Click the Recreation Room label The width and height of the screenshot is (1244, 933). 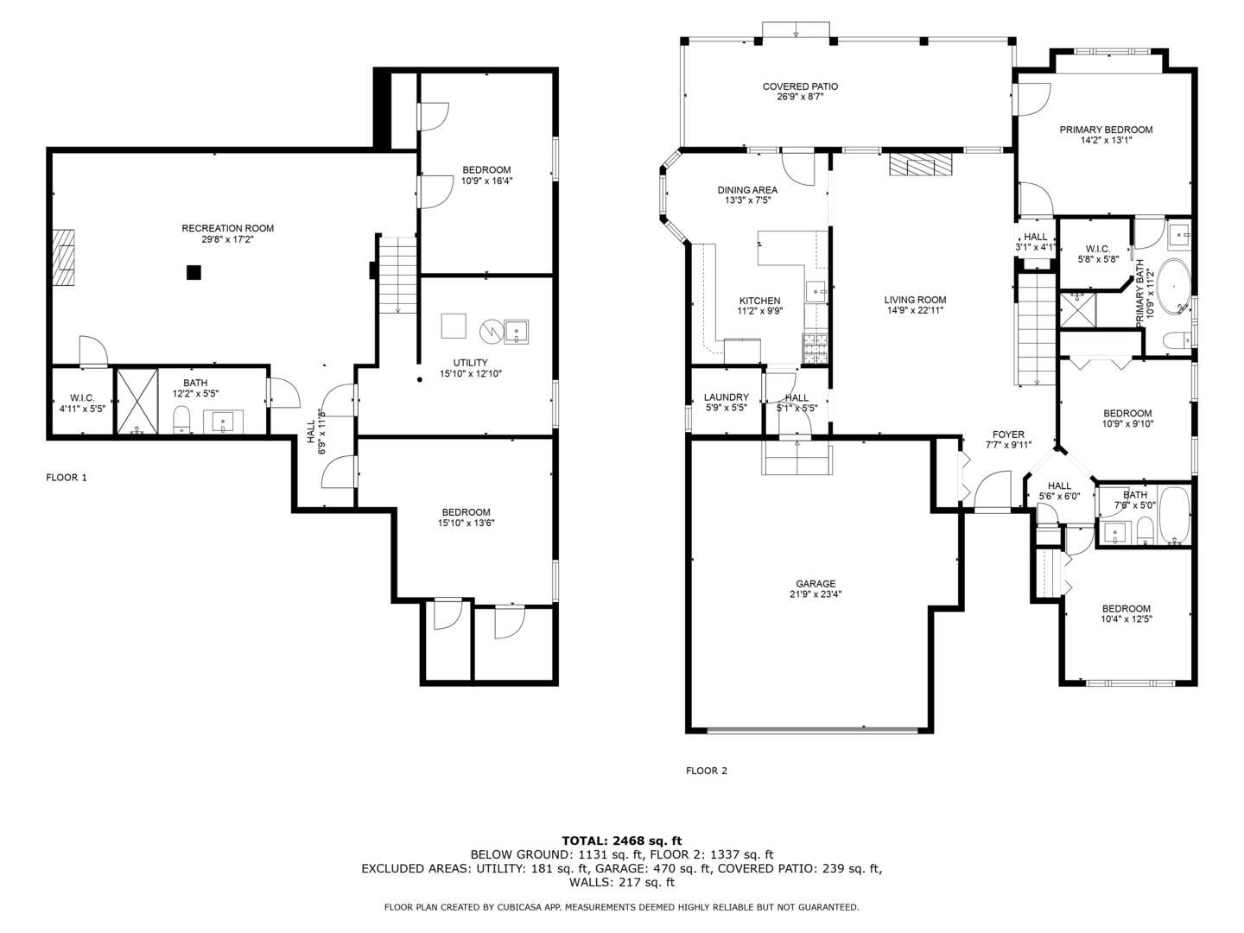(x=227, y=229)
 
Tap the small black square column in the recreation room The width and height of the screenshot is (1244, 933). (x=194, y=272)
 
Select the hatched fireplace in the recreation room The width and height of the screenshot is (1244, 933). (x=63, y=257)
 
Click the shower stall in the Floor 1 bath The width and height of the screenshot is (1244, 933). (x=137, y=400)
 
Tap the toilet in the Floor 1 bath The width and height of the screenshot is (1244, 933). (x=181, y=420)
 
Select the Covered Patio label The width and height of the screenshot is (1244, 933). (x=800, y=86)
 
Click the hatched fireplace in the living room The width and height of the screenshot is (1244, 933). (x=920, y=164)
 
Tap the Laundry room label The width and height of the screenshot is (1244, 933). (x=726, y=397)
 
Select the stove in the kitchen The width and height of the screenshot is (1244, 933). (x=815, y=348)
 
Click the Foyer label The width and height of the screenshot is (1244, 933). (x=1008, y=435)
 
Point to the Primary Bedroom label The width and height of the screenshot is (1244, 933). (x=1106, y=130)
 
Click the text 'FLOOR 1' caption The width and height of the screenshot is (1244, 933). (x=67, y=477)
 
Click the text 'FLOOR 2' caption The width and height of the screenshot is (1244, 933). (x=707, y=771)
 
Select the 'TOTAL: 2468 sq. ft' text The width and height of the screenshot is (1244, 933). (x=621, y=840)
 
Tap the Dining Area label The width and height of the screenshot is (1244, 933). (x=747, y=190)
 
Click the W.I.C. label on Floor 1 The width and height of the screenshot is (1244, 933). (x=82, y=397)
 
